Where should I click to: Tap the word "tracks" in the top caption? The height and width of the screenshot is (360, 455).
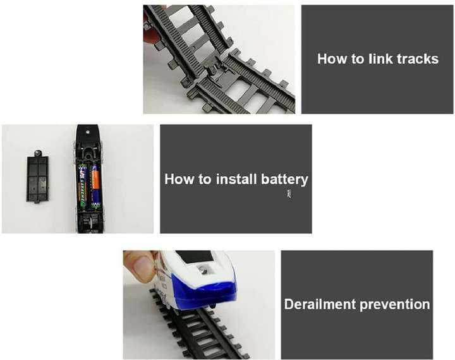click(418, 59)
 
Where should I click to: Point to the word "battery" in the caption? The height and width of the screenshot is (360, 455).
click(284, 180)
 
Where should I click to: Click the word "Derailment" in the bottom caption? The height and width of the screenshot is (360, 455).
click(320, 304)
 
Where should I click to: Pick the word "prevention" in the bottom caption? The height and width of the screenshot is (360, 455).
click(394, 305)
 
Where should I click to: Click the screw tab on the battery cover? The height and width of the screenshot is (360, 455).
click(37, 153)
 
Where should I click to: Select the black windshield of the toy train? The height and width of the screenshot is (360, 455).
click(196, 256)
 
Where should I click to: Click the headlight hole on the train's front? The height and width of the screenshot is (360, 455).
click(203, 270)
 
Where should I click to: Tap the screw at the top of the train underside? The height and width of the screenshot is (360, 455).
click(88, 132)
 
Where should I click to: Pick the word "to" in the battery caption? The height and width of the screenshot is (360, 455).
click(205, 179)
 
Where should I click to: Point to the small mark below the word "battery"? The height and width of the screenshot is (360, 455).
click(289, 194)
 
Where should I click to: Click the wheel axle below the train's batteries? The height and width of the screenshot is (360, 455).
click(89, 222)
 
